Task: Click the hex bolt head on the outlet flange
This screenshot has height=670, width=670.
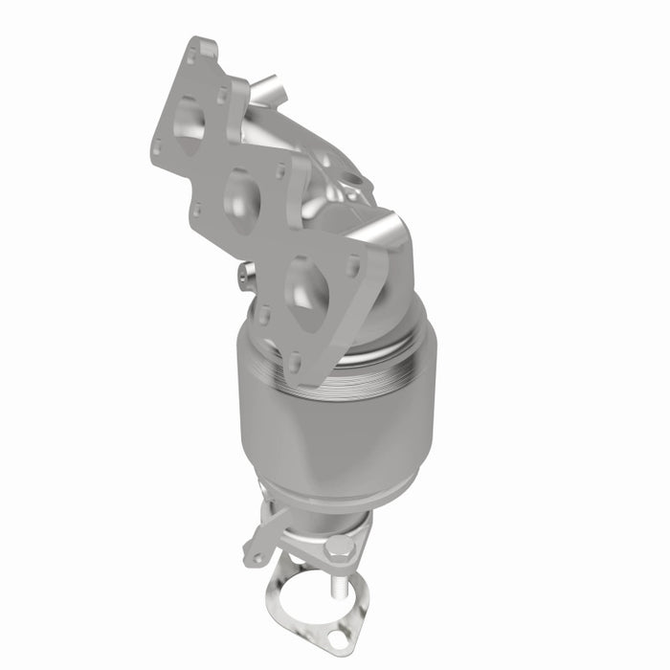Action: pos(342,548)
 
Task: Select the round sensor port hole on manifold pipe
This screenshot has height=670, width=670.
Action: pos(354,179)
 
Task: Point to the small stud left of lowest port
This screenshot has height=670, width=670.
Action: pos(243,278)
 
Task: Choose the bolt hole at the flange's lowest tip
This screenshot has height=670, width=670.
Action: pos(297,364)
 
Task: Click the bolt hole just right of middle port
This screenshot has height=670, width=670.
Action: pos(280,173)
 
